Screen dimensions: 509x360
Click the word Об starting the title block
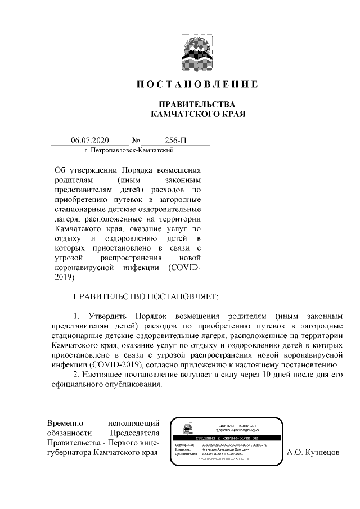60,170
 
